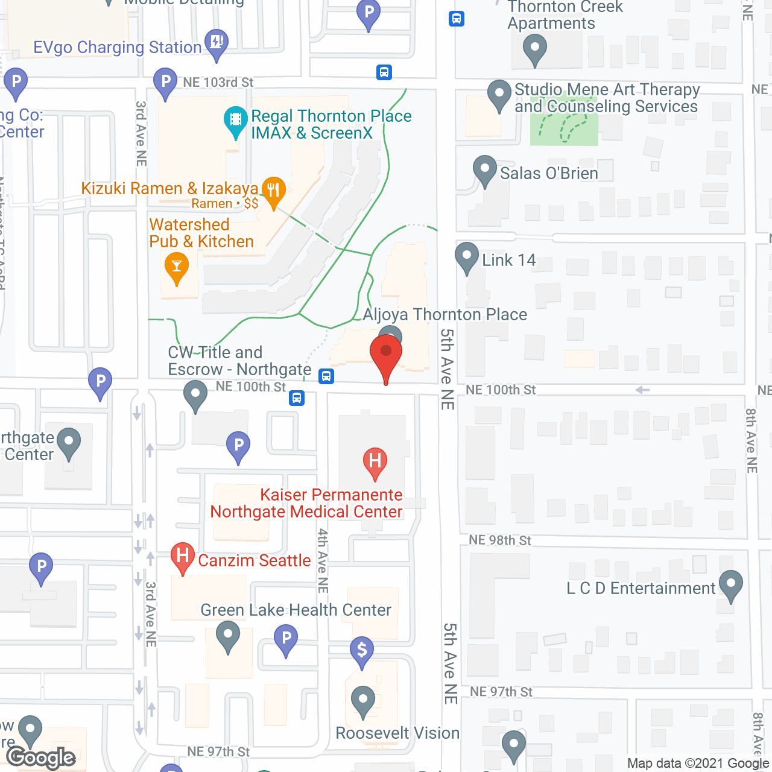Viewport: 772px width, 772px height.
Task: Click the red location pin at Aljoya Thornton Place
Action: tap(386, 353)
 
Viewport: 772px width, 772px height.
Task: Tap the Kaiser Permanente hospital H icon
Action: tap(375, 461)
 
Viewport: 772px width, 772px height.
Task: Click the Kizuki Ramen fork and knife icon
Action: tap(273, 191)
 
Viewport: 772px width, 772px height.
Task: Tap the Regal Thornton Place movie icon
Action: tap(236, 120)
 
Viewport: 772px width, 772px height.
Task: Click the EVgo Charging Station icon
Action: tap(217, 43)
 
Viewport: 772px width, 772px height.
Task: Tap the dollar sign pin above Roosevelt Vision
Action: tap(362, 650)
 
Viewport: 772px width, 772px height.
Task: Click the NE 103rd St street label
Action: tap(218, 83)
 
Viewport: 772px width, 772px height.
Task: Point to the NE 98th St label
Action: tap(500, 540)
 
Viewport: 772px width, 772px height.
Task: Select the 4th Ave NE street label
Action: tap(323, 560)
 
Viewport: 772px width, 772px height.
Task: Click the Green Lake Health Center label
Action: tap(296, 610)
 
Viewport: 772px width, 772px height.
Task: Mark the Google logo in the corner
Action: tap(42, 758)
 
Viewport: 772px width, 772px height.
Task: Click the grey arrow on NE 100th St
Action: tap(642, 390)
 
